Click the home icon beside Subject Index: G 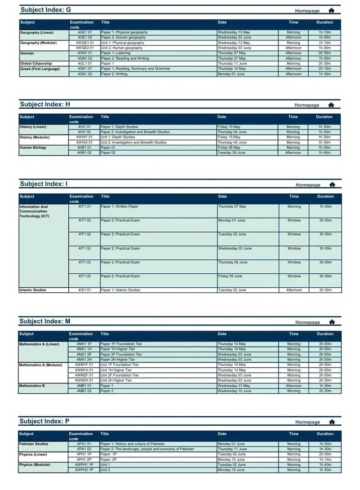[332, 10]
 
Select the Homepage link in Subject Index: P [307, 422]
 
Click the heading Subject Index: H [45, 104]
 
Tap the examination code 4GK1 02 [85, 74]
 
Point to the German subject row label [27, 53]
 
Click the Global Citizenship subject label [36, 63]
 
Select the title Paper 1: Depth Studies [119, 127]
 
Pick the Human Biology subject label [33, 147]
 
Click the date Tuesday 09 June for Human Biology [231, 152]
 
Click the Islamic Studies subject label [32, 290]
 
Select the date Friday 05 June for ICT [230, 276]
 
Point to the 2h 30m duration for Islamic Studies [325, 290]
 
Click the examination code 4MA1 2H [84, 359]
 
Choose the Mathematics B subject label [32, 386]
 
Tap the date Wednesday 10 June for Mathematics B [234, 391]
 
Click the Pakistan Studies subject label [34, 444]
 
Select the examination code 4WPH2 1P [84, 470]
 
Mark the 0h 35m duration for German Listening [325, 53]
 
